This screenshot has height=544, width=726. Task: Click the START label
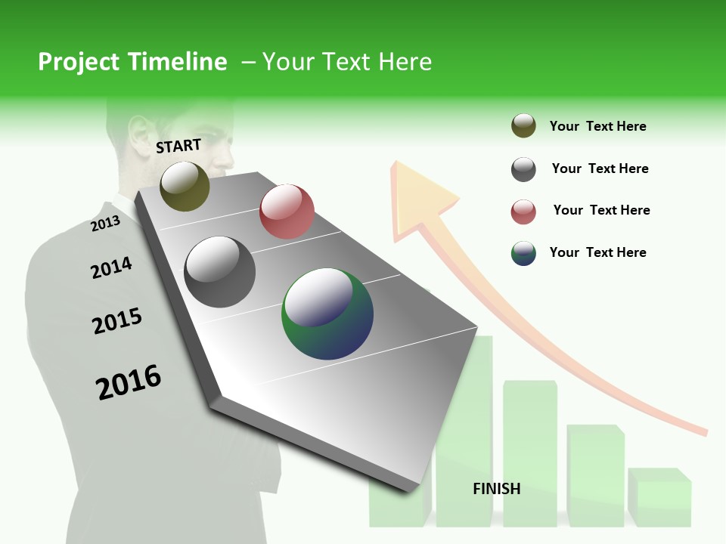click(x=178, y=146)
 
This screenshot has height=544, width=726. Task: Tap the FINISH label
click(x=496, y=489)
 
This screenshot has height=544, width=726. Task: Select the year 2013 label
click(x=106, y=224)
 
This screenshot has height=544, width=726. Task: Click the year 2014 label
click(x=111, y=267)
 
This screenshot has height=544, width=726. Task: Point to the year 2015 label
click(x=117, y=321)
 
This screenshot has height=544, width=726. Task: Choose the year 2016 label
click(x=129, y=382)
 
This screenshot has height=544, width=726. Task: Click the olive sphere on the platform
click(x=185, y=186)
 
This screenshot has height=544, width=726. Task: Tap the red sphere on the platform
click(x=287, y=211)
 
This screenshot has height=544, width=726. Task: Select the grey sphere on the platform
click(x=220, y=271)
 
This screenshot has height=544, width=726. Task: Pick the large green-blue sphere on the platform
click(x=327, y=314)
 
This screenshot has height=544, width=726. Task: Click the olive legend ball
click(x=523, y=126)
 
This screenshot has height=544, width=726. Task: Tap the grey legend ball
click(x=523, y=169)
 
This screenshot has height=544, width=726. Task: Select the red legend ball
click(x=523, y=212)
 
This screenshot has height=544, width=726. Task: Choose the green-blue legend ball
click(x=523, y=253)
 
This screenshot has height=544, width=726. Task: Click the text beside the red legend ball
click(x=601, y=210)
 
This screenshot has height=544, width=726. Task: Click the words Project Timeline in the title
click(x=132, y=62)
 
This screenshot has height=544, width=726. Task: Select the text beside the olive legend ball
click(x=597, y=126)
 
